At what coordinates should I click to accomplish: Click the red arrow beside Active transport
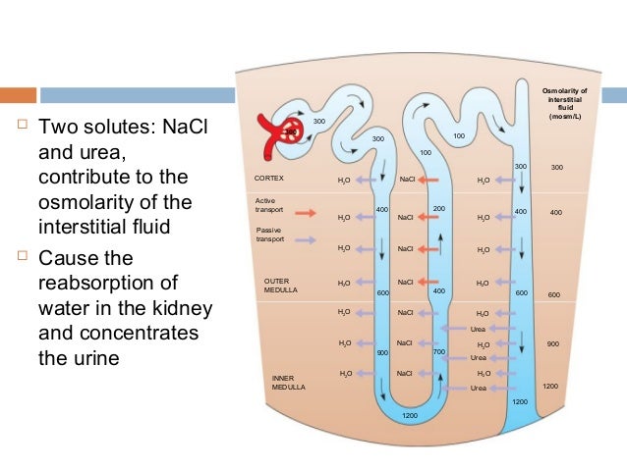[x=305, y=212]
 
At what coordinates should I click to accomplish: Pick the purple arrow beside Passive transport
[x=305, y=238]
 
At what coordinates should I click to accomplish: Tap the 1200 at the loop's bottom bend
[x=410, y=416]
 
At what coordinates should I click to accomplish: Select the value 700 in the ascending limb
[x=439, y=351]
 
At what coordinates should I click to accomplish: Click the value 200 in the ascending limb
[x=439, y=209]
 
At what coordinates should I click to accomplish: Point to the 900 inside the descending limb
[x=383, y=351]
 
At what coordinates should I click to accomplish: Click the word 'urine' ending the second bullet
[x=97, y=358]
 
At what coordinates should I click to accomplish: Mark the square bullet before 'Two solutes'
[x=20, y=128]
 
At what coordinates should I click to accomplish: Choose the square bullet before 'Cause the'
[x=20, y=257]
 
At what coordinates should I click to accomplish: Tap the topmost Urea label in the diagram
[x=479, y=328]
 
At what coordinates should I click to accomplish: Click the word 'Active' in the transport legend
[x=264, y=202]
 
